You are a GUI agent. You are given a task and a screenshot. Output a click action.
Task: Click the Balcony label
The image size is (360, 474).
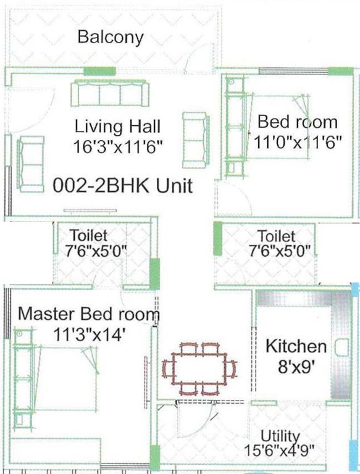point(111,37)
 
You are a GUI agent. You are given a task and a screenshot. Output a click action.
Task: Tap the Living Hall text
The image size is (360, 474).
point(117,127)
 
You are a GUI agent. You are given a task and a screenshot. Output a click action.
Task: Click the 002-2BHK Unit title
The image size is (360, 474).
point(123,185)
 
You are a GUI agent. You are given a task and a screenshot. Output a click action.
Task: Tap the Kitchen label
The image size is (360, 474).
point(296,346)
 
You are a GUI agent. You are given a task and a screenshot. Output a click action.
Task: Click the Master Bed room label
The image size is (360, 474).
point(88,314)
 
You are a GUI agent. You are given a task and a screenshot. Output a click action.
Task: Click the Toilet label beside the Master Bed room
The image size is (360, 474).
point(89,236)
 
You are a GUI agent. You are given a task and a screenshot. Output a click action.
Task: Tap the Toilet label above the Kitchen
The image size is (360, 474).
point(276,236)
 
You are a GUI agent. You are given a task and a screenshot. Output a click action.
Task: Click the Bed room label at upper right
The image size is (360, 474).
point(298,121)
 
